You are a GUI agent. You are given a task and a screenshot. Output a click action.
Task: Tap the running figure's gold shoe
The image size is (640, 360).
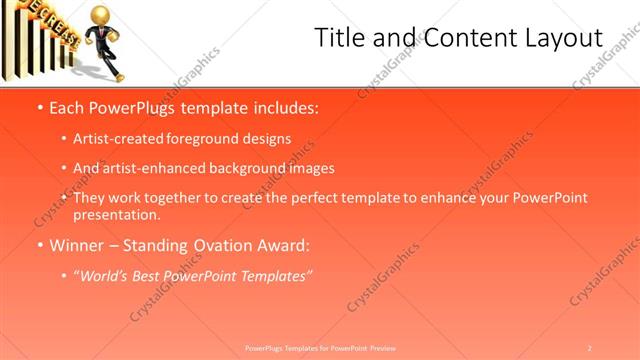click(118, 76)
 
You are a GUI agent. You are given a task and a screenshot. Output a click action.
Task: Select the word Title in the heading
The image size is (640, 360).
click(339, 38)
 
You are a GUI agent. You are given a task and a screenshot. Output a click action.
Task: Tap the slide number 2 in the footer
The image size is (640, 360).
click(590, 347)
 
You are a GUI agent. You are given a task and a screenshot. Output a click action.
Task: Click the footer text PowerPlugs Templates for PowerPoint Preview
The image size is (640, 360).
click(320, 347)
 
